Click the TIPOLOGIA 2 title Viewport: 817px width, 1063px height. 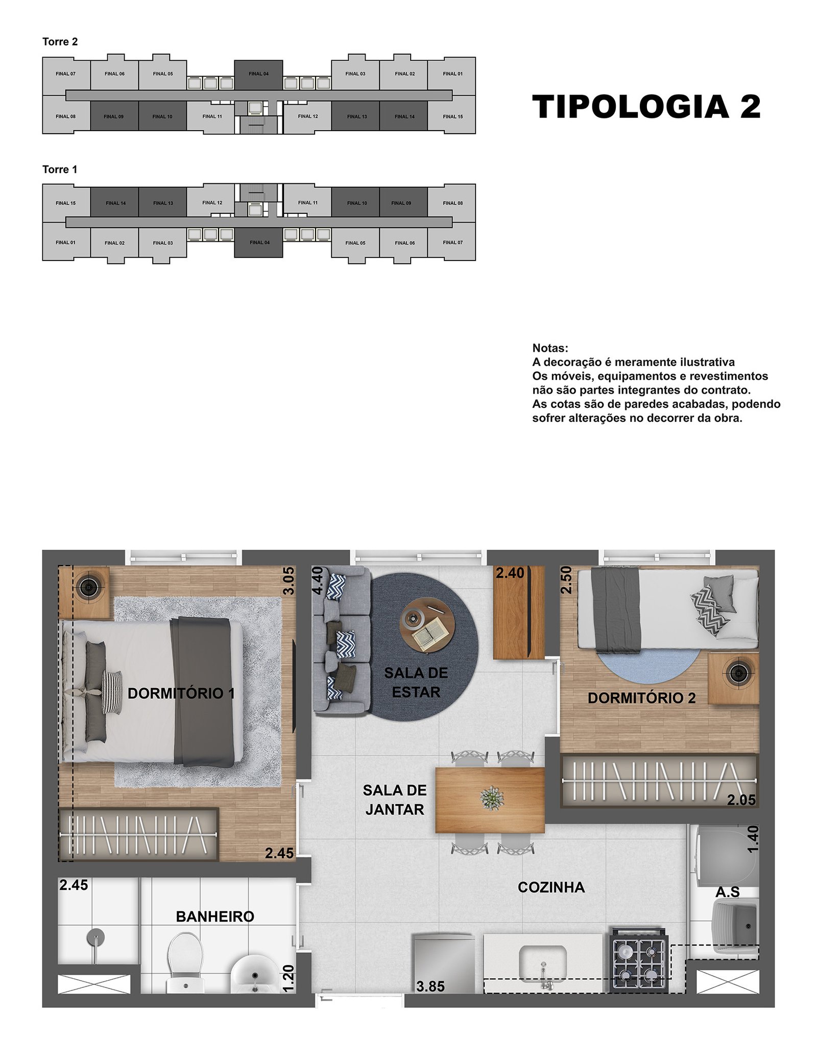[x=646, y=107]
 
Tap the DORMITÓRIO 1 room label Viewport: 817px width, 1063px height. [x=181, y=693]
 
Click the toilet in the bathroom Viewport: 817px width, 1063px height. [x=185, y=962]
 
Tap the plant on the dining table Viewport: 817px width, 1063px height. [x=492, y=798]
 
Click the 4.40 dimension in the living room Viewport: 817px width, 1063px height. [x=317, y=581]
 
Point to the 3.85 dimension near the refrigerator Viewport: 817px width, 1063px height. [x=430, y=986]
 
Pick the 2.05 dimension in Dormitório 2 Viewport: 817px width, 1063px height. [x=741, y=800]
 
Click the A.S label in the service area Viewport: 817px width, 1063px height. [x=728, y=892]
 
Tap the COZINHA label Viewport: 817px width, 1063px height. [x=551, y=887]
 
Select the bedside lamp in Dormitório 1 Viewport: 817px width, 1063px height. [x=89, y=588]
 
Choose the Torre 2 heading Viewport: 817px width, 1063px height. [x=60, y=42]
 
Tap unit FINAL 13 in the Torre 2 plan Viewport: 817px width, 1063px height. [x=356, y=116]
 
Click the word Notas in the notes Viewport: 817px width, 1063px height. [x=550, y=348]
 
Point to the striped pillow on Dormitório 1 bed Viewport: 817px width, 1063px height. [x=112, y=692]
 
